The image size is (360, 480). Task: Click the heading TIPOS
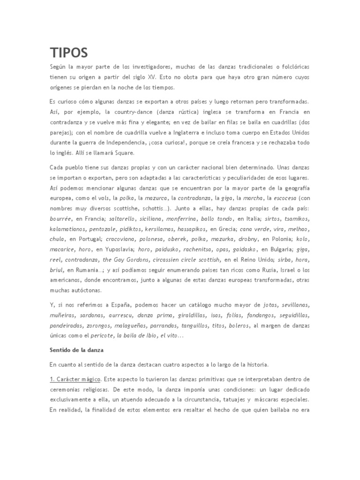point(68,52)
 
